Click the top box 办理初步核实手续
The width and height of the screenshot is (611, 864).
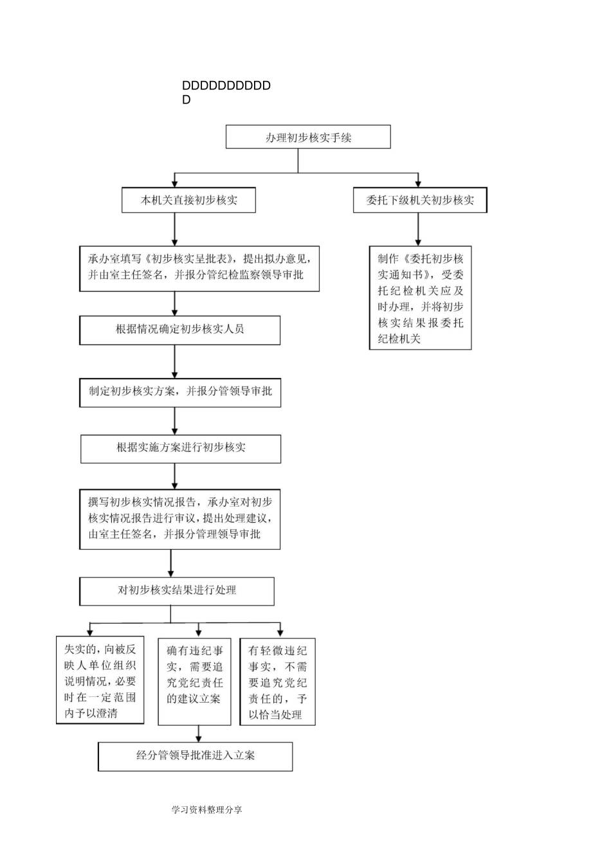[x=308, y=137]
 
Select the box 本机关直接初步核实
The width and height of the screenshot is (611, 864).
[x=189, y=200]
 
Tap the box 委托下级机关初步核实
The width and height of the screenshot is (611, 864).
[x=420, y=200]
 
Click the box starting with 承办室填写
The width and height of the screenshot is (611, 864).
[x=199, y=268]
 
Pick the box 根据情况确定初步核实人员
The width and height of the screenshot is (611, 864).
[x=180, y=330]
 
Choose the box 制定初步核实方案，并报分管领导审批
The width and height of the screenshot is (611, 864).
[x=180, y=392]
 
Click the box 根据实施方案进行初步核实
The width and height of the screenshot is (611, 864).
[x=181, y=449]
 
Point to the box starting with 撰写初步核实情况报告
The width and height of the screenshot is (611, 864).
[x=180, y=519]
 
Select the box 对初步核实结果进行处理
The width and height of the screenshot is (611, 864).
[x=177, y=591]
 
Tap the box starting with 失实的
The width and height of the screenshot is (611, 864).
[x=100, y=681]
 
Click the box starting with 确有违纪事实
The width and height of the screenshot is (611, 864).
[x=194, y=681]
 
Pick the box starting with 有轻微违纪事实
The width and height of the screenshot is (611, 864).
[x=278, y=681]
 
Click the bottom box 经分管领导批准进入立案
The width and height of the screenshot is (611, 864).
[x=196, y=756]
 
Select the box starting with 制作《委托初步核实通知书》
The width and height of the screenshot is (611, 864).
[x=420, y=298]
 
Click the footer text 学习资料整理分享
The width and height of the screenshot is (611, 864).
[x=207, y=810]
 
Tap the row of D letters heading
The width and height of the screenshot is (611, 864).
[x=226, y=86]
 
